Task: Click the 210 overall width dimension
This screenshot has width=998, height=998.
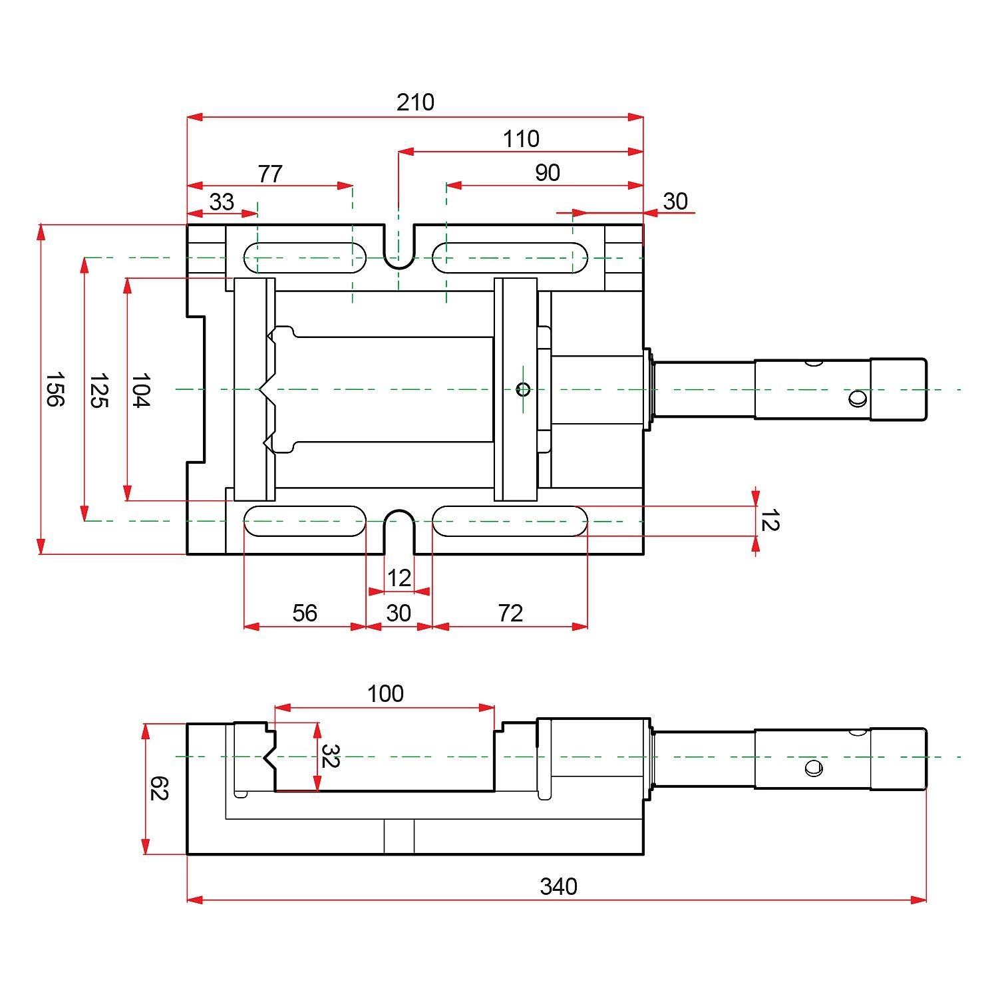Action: coord(415,102)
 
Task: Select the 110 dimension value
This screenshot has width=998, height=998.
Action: coord(520,139)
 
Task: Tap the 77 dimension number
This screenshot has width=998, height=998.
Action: coord(270,174)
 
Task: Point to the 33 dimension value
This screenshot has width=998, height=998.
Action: coord(222,202)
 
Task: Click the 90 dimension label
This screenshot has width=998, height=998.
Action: coord(548,173)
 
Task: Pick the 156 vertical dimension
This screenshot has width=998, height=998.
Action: coord(55,389)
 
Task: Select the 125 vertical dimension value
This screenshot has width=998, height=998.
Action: coord(98,391)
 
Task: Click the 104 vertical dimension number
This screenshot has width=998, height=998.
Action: coord(140,390)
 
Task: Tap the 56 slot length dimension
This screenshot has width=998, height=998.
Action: coord(305,613)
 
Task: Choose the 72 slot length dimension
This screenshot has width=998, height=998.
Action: coord(510,613)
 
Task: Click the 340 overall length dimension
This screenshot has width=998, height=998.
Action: coord(558,886)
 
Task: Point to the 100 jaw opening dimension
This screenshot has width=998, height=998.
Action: coord(385,694)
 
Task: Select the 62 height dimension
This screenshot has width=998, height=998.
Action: coord(159,788)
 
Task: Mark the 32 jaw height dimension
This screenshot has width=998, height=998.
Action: coord(330,756)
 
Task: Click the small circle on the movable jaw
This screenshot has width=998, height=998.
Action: coord(523,389)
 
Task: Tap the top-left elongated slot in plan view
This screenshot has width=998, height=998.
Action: coord(305,257)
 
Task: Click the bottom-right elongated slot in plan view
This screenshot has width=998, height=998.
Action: coord(510,521)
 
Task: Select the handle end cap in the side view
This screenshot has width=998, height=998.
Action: coord(898,758)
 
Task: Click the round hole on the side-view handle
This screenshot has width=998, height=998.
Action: coord(813,768)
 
